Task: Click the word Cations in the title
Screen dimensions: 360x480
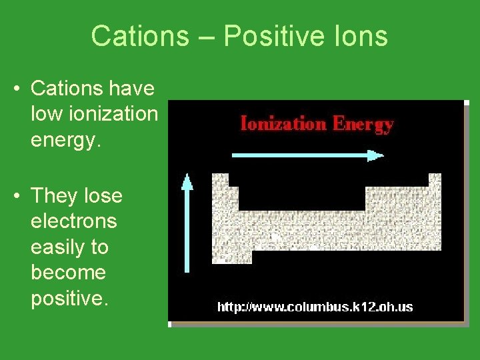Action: coord(140,36)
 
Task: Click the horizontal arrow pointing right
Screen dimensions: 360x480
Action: coord(307,155)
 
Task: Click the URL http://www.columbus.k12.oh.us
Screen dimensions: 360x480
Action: coord(315,307)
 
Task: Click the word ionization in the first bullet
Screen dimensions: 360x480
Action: coord(94,114)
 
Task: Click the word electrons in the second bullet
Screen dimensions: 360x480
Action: coord(73,221)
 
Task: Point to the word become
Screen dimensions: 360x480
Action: coord(68,273)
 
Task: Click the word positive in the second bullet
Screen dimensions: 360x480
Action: coord(68,299)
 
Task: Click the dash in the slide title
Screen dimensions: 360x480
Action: coord(206,37)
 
